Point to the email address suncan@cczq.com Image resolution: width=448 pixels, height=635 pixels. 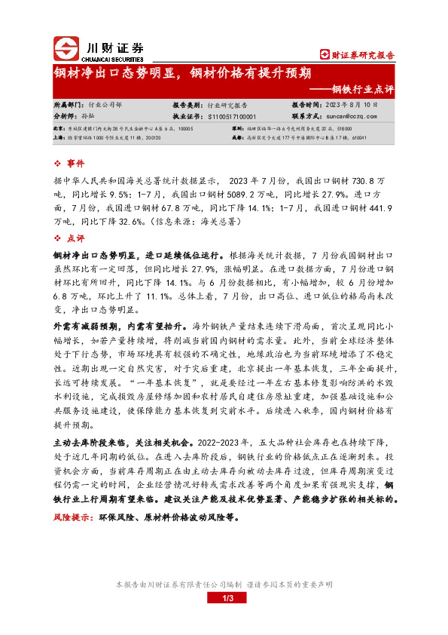(350, 117)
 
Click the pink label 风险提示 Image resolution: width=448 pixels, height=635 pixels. (72, 518)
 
